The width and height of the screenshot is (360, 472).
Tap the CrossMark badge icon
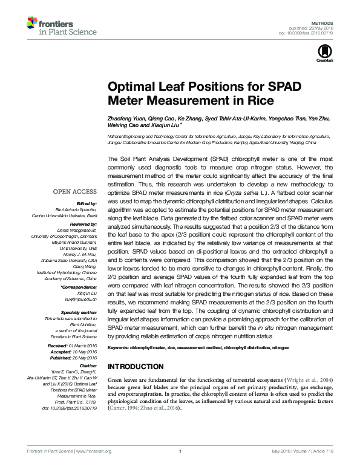coord(321,53)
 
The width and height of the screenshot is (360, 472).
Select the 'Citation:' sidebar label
coord(87,365)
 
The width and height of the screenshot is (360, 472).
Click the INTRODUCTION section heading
coord(140,367)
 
